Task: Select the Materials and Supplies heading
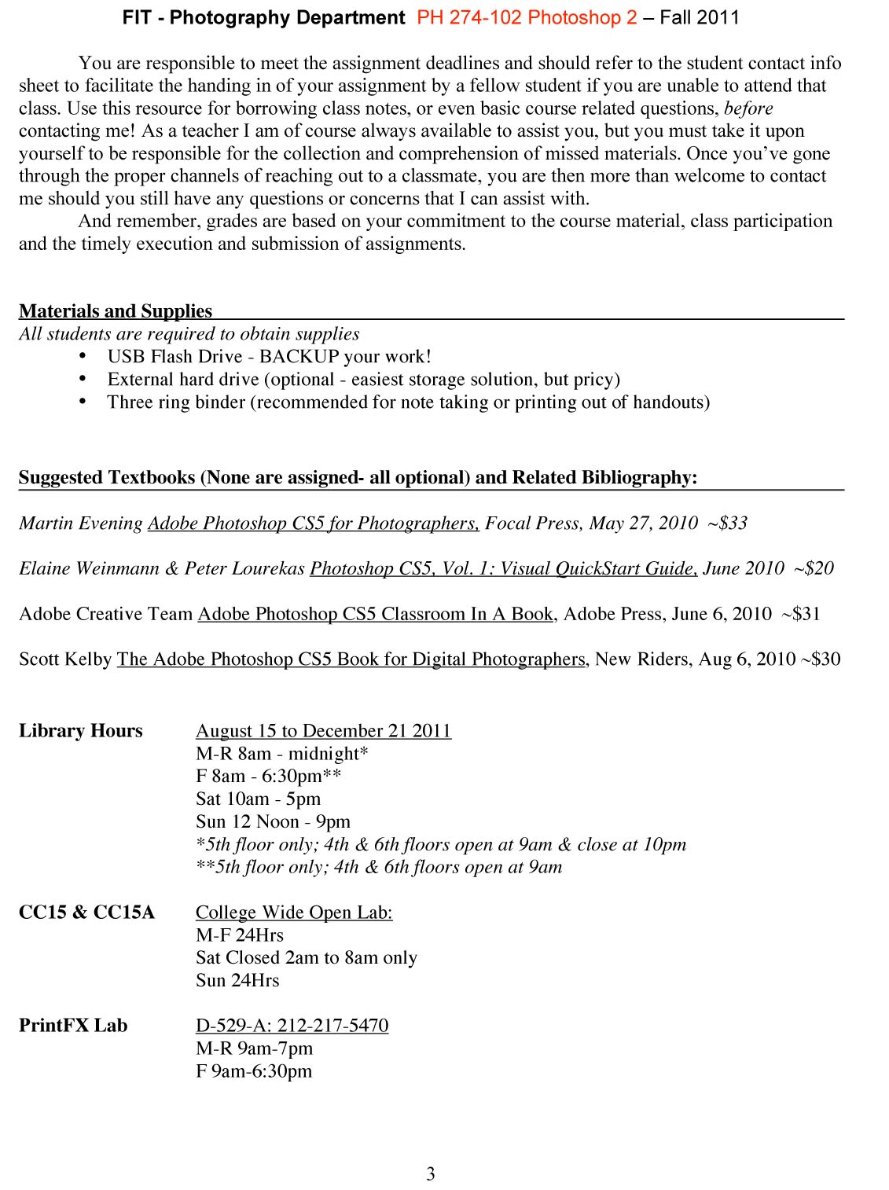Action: coord(116,311)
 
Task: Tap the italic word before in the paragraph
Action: coord(748,108)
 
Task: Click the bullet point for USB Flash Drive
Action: coord(83,357)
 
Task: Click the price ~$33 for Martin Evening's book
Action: coord(727,523)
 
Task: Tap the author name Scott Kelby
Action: coord(65,659)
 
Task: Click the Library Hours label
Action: coord(81,731)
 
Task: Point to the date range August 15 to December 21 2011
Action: coord(323,731)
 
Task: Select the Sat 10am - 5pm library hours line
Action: coord(258,799)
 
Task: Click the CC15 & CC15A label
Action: coord(86,913)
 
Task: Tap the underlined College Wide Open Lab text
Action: coord(294,913)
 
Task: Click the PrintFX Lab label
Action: coord(73,1026)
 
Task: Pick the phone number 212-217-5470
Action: coord(332,1026)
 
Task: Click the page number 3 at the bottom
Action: coord(430,1174)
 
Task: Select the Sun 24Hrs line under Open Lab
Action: coord(237,981)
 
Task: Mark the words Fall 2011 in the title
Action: coord(700,17)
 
